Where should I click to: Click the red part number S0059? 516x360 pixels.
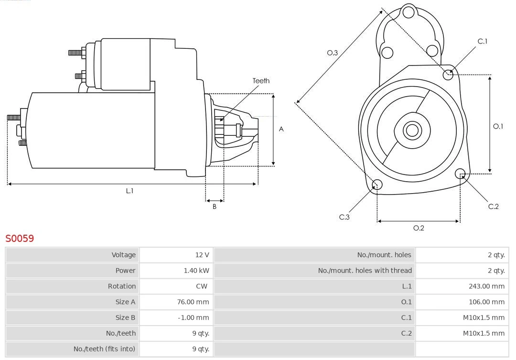pyautogui.click(x=20, y=238)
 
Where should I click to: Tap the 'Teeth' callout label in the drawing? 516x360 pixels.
pyautogui.click(x=261, y=81)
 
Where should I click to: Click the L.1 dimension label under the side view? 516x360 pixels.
pyautogui.click(x=129, y=191)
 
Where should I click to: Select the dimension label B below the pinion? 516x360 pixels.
pyautogui.click(x=215, y=207)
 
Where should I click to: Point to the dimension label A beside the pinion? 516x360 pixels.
pyautogui.click(x=281, y=129)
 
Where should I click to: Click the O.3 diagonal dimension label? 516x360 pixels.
pyautogui.click(x=332, y=53)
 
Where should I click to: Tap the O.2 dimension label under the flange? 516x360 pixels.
pyautogui.click(x=419, y=228)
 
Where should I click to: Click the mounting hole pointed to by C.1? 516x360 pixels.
pyautogui.click(x=448, y=74)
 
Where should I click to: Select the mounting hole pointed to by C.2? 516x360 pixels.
pyautogui.click(x=461, y=173)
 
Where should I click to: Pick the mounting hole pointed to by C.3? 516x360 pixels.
pyautogui.click(x=377, y=185)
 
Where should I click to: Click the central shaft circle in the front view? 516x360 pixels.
pyautogui.click(x=411, y=130)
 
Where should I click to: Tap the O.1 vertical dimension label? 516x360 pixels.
pyautogui.click(x=498, y=126)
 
